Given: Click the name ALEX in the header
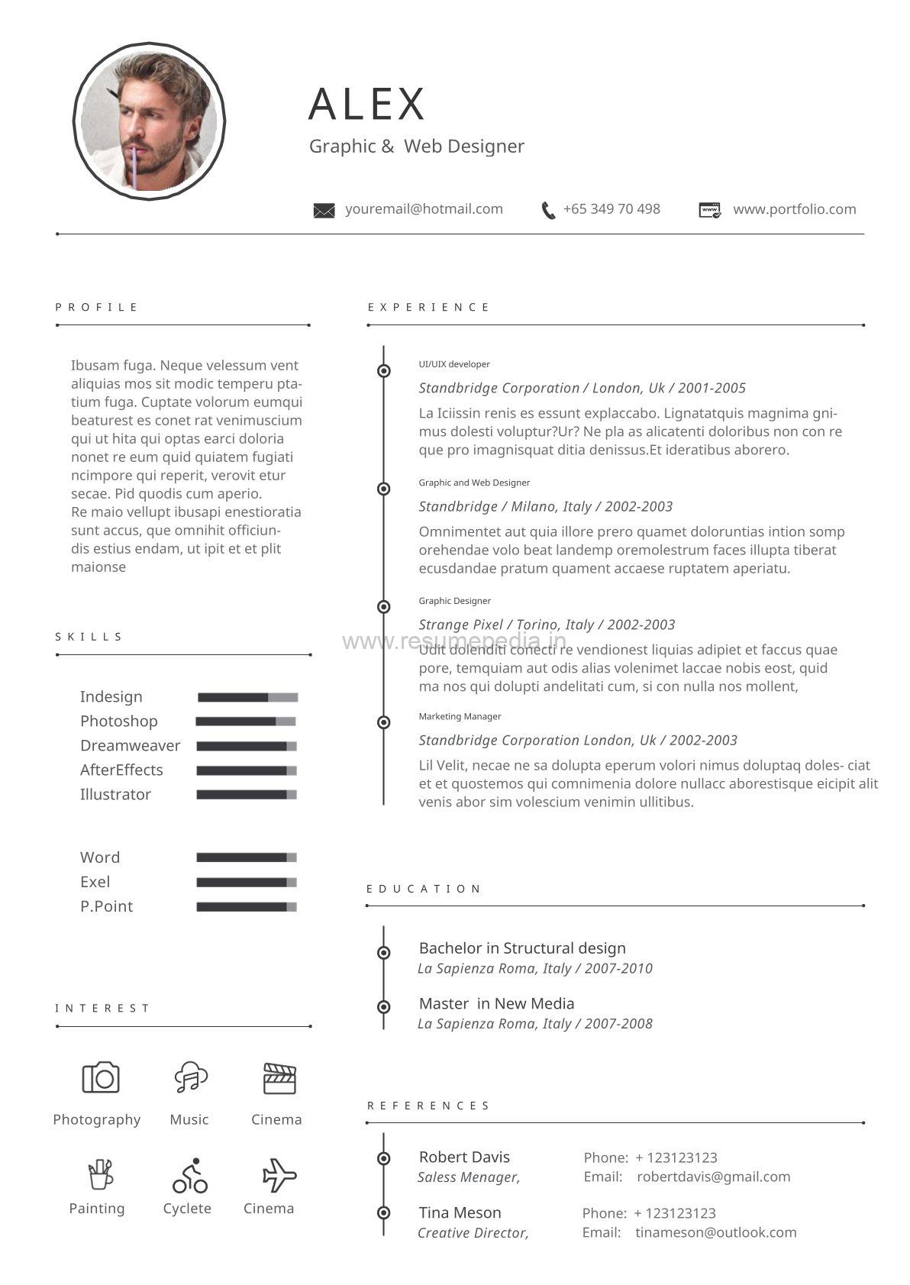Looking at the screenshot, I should pos(366,104).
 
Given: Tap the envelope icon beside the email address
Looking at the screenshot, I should pos(324,211).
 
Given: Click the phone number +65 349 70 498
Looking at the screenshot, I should pos(611,209).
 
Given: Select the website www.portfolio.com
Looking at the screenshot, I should pos(794,209).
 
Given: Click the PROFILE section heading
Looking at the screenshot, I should pos(96,307).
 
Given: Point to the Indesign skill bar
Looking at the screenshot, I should pos(247,697).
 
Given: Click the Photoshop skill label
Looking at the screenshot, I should pos(118,722).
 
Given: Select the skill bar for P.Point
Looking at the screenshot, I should pos(246,907).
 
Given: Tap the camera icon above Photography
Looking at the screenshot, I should pos(101,1077).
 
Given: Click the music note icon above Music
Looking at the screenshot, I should pos(190,1077).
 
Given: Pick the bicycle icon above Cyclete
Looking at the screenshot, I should pos(189,1176).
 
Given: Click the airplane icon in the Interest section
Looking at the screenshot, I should pos(279,1176).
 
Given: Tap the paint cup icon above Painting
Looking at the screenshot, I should pos(100,1174).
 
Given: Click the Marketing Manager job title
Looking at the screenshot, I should pos(460,716).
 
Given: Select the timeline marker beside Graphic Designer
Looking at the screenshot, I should pos(384,607).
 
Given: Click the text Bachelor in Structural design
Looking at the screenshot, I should pos(522,948).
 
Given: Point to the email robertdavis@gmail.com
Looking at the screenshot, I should pos(713,1177).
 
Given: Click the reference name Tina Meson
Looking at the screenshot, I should pos(460,1212).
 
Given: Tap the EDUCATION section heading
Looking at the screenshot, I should pos(424,889).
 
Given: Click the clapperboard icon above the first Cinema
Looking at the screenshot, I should pos(279,1078).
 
